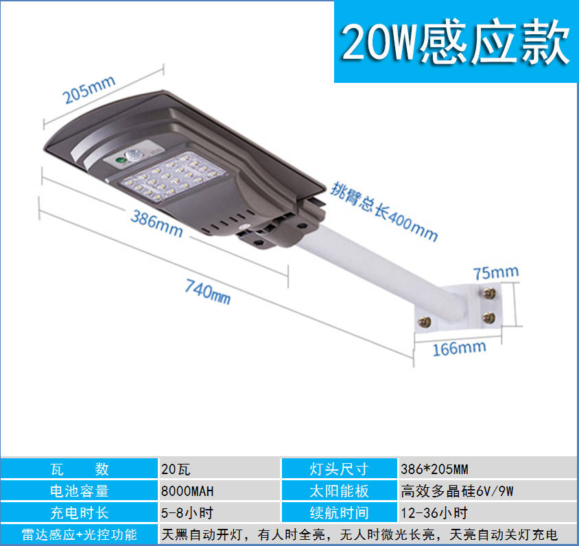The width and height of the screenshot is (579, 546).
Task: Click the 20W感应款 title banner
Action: tap(456, 42)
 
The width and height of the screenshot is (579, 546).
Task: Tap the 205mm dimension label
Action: tap(88, 90)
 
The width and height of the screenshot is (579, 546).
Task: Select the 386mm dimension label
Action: tap(156, 223)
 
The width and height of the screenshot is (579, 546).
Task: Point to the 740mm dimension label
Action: tap(208, 291)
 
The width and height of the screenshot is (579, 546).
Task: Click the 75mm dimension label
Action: tap(496, 273)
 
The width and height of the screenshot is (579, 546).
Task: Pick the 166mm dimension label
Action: tap(459, 348)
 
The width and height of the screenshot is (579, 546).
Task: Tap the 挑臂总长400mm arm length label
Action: tap(383, 211)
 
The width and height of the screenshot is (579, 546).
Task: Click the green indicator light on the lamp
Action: tap(119, 161)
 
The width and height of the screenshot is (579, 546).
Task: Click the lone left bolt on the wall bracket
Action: tap(424, 322)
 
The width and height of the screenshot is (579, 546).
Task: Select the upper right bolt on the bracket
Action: tap(489, 293)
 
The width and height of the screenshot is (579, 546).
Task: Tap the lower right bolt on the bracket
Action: tap(489, 317)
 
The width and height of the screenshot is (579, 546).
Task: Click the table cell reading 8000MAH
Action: tap(220, 491)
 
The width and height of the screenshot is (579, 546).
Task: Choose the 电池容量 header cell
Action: tap(80, 491)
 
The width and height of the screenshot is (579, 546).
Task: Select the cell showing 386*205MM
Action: tap(488, 469)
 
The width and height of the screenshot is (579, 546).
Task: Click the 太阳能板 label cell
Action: tap(340, 491)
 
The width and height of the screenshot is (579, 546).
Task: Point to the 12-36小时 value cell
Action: tap(488, 512)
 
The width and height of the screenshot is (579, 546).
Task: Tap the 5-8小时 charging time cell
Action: tap(220, 512)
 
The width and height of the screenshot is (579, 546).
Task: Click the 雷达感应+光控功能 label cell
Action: tap(80, 534)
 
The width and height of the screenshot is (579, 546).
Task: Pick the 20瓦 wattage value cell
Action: tap(220, 469)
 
